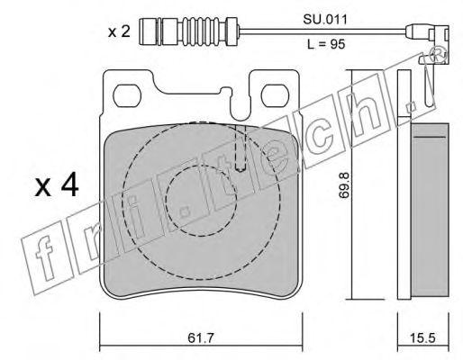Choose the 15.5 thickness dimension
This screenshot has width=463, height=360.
pyautogui.click(x=423, y=337)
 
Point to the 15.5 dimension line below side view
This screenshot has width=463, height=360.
pyautogui.click(x=423, y=346)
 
